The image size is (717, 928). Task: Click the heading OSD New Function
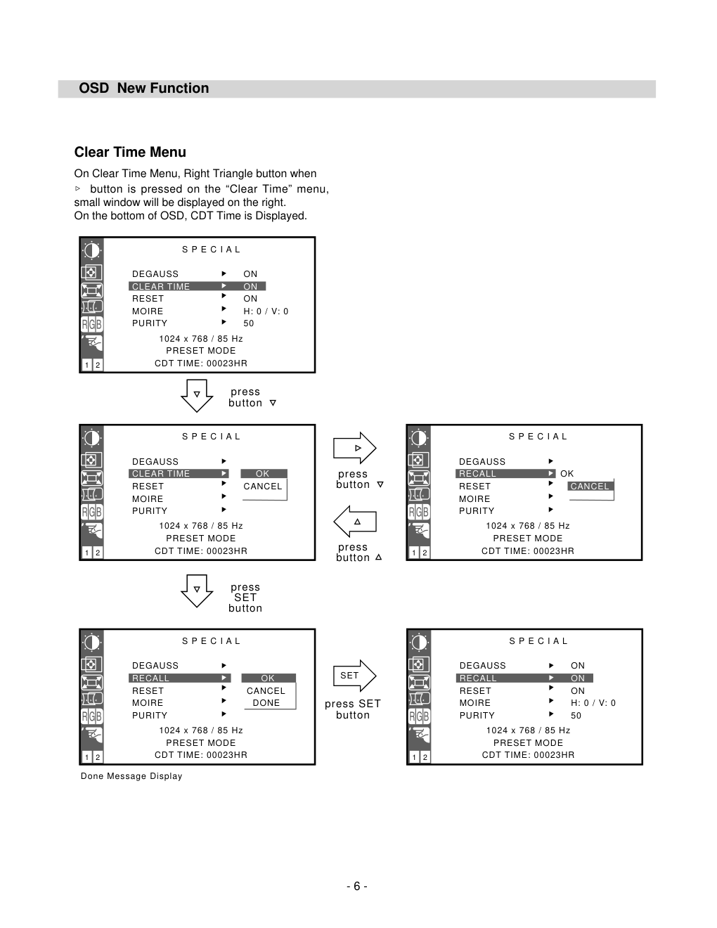tap(144, 88)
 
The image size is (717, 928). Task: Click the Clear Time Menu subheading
tap(130, 152)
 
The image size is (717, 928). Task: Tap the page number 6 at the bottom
tap(357, 886)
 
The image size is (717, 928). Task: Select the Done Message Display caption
tap(131, 776)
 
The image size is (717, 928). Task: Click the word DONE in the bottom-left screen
tap(266, 703)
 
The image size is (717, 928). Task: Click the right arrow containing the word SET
tap(354, 676)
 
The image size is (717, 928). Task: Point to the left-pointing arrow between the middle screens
tap(354, 522)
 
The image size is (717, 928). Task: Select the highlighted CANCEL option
tap(590, 486)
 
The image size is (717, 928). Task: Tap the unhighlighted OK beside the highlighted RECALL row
tap(567, 474)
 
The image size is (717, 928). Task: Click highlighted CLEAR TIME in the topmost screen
tap(160, 286)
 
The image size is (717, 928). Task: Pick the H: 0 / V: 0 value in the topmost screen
tap(266, 311)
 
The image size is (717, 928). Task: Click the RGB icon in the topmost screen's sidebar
tap(92, 325)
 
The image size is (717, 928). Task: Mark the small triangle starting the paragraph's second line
tap(78, 188)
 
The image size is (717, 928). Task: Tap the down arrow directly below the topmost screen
tap(197, 396)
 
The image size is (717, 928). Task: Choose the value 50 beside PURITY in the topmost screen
tap(249, 323)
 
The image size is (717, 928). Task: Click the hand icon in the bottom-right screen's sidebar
tap(419, 735)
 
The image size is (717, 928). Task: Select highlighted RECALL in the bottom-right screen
tap(478, 678)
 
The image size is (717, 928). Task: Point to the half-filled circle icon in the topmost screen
tap(92, 250)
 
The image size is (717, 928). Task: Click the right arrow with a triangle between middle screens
tap(354, 448)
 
